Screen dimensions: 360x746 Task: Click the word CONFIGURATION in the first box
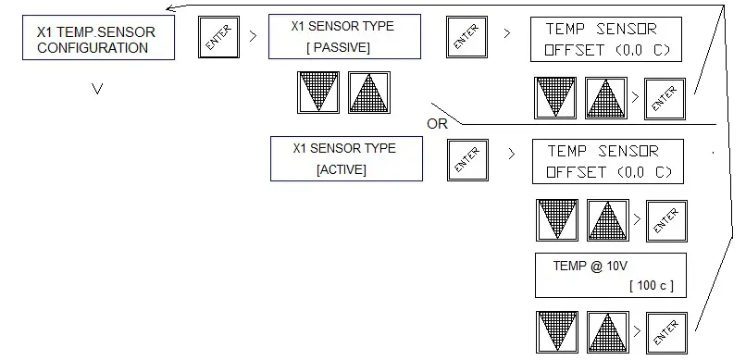[93, 48]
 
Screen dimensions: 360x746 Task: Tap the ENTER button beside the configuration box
[218, 39]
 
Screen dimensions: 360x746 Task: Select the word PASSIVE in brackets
[338, 46]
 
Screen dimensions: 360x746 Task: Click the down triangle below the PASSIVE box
[317, 93]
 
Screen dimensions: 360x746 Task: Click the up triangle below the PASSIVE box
[368, 93]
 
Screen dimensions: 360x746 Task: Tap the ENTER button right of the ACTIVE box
[466, 160]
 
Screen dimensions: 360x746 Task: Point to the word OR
[438, 124]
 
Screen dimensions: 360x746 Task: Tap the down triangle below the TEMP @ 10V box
[556, 332]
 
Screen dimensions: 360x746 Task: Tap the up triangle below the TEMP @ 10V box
[607, 332]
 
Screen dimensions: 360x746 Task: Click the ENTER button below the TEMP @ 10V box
[666, 331]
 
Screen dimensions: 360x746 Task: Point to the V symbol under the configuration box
[97, 90]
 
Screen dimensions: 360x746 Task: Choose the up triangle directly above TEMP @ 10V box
[607, 221]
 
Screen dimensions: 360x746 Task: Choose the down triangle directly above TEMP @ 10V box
[556, 221]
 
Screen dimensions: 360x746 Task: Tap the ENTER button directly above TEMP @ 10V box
[666, 220]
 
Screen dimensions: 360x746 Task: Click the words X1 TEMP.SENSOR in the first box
[96, 31]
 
